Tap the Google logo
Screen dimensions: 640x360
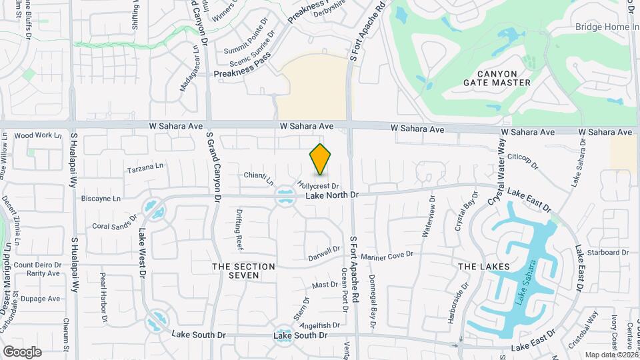[x=22, y=351]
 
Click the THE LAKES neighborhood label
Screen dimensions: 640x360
[x=484, y=267]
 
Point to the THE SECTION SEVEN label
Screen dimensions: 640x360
[x=243, y=271]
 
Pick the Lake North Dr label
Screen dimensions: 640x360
[x=332, y=195]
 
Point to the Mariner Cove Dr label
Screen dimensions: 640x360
[x=387, y=256]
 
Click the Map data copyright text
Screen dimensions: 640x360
[x=611, y=355]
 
